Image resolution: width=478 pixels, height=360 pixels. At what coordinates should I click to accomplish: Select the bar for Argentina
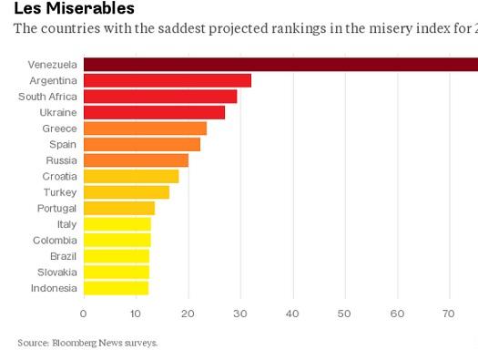[167, 80]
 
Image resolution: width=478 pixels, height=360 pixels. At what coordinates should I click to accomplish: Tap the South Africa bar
[159, 97]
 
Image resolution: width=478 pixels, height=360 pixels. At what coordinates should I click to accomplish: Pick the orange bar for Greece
[145, 129]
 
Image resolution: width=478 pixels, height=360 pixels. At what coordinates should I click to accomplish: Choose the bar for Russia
[136, 160]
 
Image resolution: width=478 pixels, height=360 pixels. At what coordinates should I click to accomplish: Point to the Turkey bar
[126, 192]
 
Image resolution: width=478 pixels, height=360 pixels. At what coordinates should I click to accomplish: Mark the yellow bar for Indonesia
[116, 288]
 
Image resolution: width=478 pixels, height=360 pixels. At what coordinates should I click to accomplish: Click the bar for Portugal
[118, 208]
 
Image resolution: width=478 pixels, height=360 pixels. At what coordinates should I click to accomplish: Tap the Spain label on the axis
[62, 144]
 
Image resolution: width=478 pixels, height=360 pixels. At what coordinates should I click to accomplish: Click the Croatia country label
[59, 176]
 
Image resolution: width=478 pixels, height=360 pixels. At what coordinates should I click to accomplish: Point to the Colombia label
[55, 240]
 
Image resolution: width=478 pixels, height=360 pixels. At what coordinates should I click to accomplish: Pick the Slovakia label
[56, 272]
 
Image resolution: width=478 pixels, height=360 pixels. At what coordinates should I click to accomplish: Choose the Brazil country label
[63, 256]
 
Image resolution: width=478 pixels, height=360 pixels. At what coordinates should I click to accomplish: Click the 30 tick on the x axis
[240, 314]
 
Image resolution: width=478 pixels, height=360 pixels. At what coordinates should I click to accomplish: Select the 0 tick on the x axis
[83, 314]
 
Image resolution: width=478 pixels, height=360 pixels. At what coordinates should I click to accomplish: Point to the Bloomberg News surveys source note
[87, 343]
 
